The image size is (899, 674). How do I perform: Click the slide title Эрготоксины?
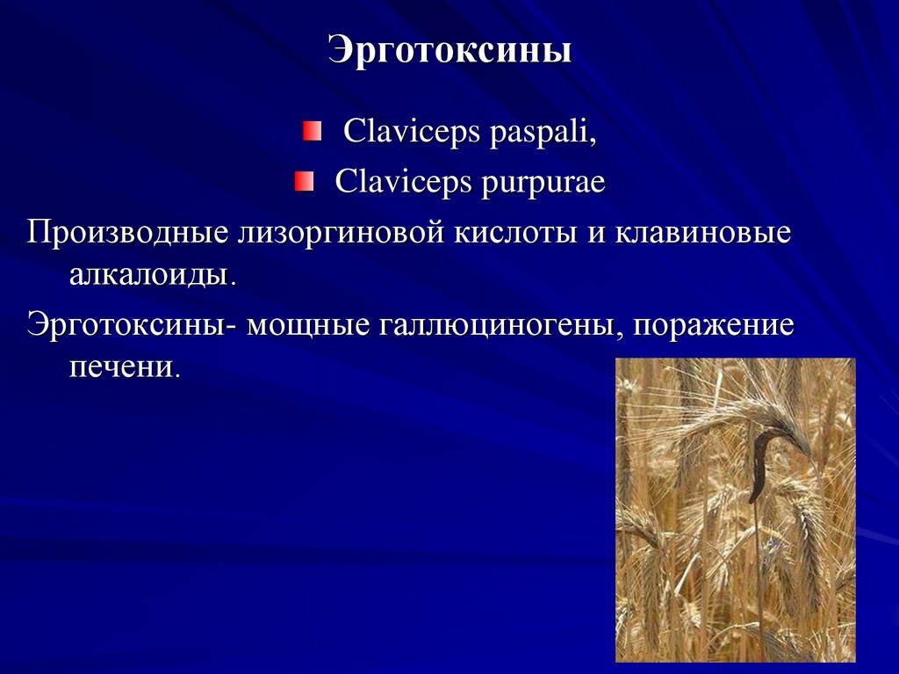coord(449,50)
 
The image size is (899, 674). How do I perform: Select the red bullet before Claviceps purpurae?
coord(303,183)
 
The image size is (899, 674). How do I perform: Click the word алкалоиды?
coord(152,274)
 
